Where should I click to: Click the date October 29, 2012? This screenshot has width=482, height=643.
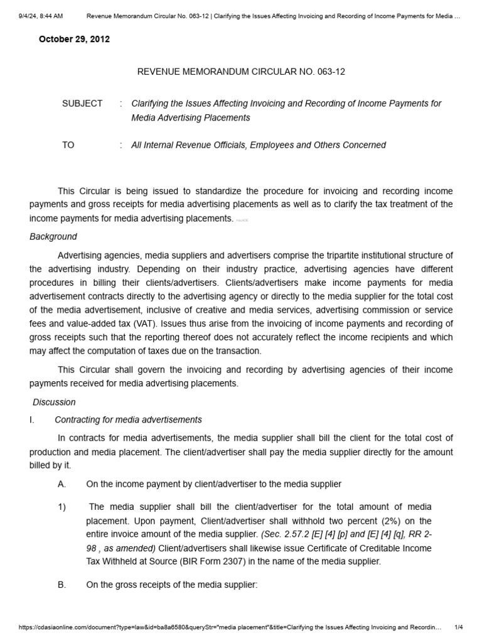(74, 39)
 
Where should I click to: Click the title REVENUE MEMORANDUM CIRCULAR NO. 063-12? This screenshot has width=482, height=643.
(241, 72)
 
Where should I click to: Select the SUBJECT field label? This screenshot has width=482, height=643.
(82, 104)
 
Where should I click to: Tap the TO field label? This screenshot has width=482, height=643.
(68, 145)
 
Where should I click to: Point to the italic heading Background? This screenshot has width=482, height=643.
(53, 237)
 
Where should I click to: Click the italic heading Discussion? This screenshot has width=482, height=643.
(54, 402)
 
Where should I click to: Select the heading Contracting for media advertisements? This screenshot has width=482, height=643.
(128, 419)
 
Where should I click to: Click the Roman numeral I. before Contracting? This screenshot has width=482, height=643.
(32, 419)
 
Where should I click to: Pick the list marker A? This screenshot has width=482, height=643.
(62, 484)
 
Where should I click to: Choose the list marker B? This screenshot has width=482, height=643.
(62, 585)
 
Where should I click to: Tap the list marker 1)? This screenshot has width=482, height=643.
(62, 507)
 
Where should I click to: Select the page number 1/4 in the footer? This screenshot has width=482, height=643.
(459, 627)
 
